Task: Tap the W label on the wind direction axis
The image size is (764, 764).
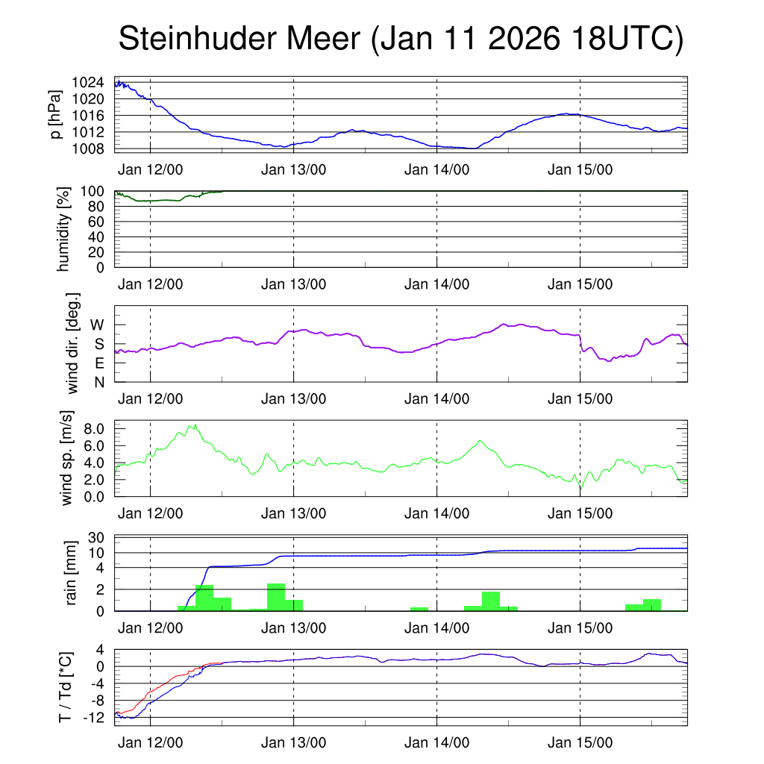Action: [x=97, y=325]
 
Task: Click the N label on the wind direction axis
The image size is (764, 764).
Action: [x=98, y=382]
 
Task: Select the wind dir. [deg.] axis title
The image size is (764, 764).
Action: [x=73, y=343]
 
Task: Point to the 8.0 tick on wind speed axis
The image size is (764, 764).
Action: [x=95, y=429]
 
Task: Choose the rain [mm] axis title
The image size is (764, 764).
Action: [x=72, y=573]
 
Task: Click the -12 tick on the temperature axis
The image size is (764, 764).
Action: [x=95, y=717]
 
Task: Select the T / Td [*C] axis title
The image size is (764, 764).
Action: [x=66, y=688]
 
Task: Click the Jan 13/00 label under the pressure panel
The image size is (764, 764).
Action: [x=293, y=169]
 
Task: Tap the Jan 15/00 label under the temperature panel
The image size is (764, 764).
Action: [x=580, y=743]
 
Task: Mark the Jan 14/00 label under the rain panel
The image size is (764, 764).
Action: [x=436, y=628]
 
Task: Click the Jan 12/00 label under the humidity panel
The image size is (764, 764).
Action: [x=150, y=284]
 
